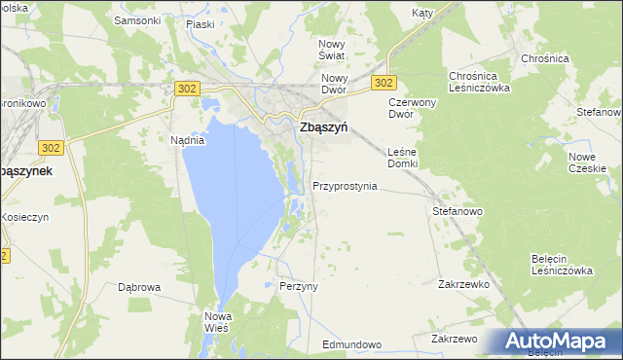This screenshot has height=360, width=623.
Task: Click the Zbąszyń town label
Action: click(x=324, y=127)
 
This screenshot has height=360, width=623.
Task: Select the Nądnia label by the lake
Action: click(x=187, y=140)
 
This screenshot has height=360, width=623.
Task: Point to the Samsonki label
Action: click(x=136, y=19)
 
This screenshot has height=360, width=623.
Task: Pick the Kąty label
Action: click(x=421, y=14)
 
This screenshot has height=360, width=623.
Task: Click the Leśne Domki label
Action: click(x=402, y=158)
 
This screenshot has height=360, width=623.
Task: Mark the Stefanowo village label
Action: click(x=458, y=210)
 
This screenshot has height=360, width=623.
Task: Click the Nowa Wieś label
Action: click(x=215, y=322)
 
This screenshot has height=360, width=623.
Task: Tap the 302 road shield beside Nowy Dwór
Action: click(x=385, y=84)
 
